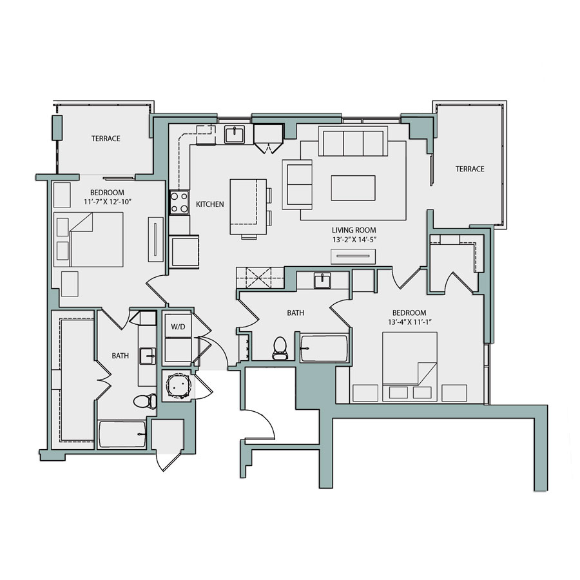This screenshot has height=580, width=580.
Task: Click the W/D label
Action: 177,327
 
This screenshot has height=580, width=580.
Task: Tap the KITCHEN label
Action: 210,204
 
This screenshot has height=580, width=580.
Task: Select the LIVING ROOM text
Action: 354,230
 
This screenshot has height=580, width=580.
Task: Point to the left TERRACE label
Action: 106,139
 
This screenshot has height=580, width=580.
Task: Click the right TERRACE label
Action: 470,169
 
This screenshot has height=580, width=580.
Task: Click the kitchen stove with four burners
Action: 179,204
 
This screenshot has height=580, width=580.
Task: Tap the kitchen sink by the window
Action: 234,135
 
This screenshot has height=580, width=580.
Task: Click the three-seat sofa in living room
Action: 353,142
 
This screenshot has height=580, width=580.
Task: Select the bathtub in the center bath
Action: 324,348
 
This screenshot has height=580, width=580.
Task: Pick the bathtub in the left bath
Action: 122,435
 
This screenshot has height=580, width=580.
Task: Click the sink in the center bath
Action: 322,281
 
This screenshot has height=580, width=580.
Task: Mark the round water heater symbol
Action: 177,387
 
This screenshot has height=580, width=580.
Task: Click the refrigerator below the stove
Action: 185,251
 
